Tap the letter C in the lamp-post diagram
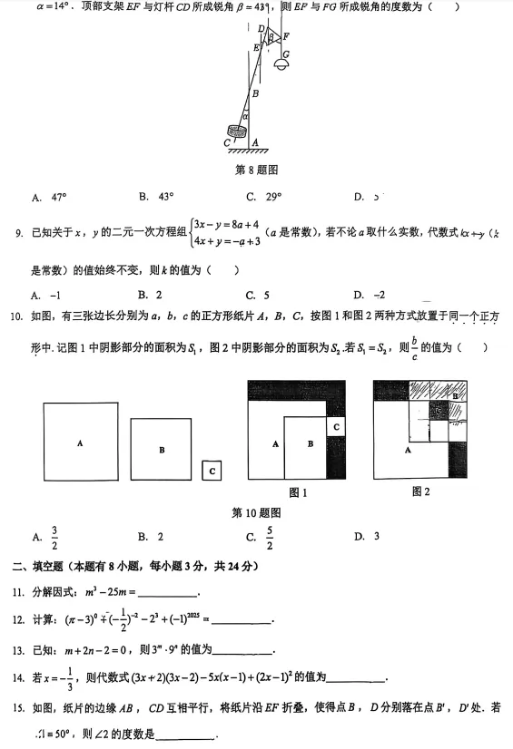pyautogui.click(x=226, y=142)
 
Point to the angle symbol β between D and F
pyautogui.click(x=270, y=38)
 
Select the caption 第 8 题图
pyautogui.click(x=256, y=170)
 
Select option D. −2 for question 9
pyautogui.click(x=370, y=295)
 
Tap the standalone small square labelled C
pyautogui.click(x=212, y=471)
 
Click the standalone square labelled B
pyautogui.click(x=161, y=449)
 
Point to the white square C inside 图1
pyautogui.click(x=335, y=425)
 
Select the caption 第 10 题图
pyautogui.click(x=256, y=513)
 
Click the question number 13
pyautogui.click(x=17, y=649)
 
